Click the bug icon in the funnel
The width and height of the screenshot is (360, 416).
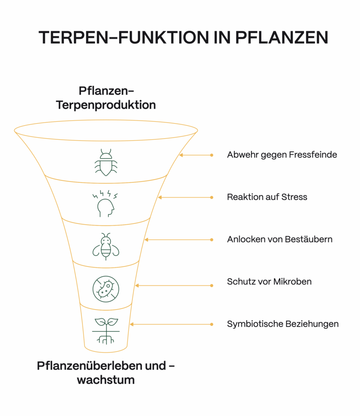(106, 162)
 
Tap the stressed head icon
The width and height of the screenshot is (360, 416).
(105, 203)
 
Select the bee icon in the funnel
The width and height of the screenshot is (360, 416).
(106, 246)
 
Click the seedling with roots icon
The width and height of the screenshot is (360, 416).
(106, 330)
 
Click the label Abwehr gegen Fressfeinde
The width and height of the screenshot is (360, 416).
(282, 155)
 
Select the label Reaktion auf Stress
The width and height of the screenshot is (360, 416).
(267, 197)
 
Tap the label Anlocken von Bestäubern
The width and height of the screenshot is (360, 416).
(280, 239)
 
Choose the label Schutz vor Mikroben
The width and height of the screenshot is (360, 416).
(269, 282)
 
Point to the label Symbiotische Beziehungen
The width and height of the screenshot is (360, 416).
(282, 324)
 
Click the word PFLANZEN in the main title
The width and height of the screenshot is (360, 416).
(282, 37)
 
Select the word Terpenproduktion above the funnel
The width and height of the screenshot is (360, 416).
(106, 105)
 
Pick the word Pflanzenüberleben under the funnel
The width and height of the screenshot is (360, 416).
(90, 366)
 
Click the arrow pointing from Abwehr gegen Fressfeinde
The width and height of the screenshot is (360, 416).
(195, 155)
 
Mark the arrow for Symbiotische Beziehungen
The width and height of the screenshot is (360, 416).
(171, 324)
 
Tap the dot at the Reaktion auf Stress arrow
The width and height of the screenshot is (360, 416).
(211, 197)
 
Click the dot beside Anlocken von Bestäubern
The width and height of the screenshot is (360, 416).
(211, 240)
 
